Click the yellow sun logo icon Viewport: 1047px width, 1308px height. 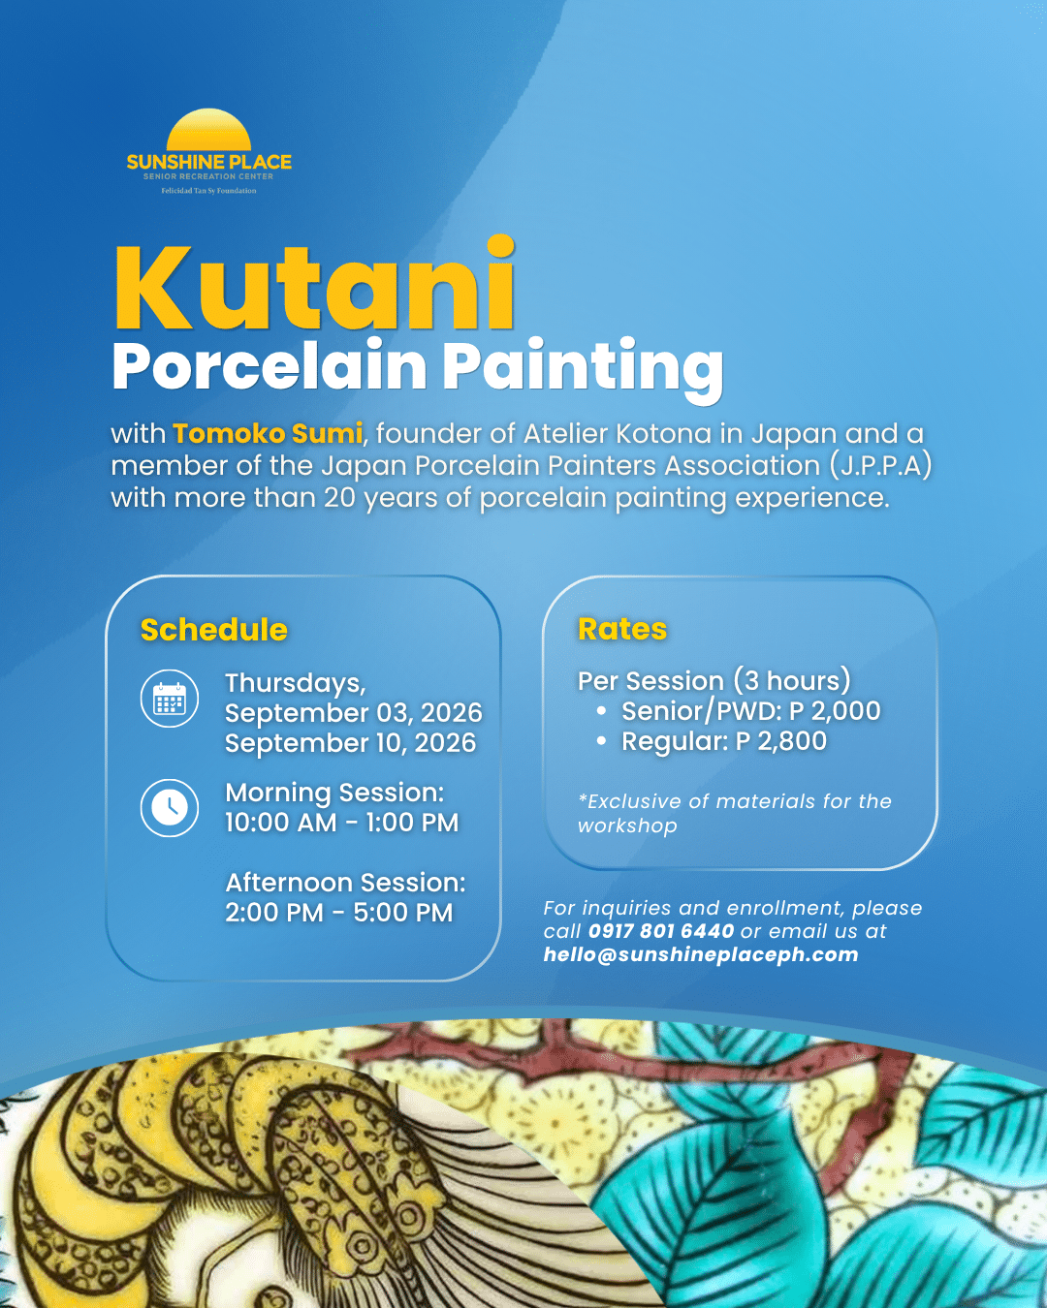tap(208, 130)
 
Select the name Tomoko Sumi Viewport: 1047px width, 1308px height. tap(268, 433)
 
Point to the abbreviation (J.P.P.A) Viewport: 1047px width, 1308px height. tap(880, 466)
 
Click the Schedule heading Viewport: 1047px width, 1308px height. tap(214, 630)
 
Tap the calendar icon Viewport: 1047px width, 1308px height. tap(170, 699)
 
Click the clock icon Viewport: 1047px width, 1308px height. tap(170, 808)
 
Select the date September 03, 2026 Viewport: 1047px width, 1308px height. tap(354, 713)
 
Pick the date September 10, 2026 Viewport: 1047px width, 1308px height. tap(350, 743)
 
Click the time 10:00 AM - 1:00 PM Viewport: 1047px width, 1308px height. tap(342, 823)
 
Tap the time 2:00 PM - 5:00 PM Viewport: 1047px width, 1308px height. tap(339, 913)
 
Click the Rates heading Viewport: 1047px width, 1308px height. tap(622, 629)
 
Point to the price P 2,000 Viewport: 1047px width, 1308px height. tap(835, 710)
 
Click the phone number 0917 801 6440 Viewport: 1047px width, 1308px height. tap(661, 930)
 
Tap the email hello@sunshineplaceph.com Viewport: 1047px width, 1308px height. tap(701, 954)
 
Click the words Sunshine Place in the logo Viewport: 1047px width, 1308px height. tap(209, 162)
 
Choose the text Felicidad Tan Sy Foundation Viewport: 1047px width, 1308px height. tap(208, 191)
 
